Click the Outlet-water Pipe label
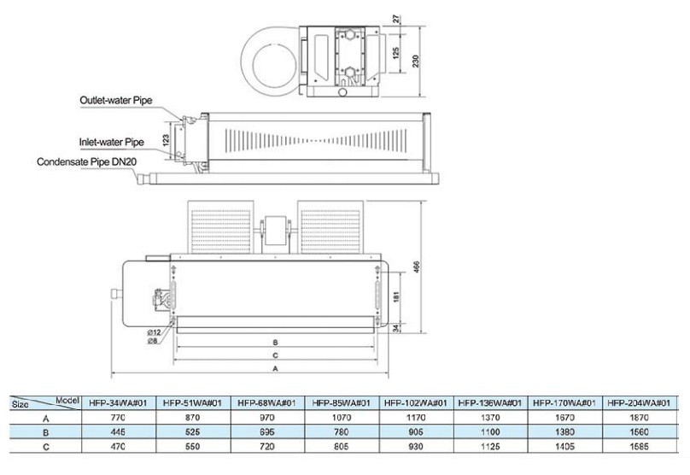116,100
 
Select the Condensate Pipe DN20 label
87,161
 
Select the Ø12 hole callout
155,331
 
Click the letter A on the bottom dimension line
274,369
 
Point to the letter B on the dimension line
274,341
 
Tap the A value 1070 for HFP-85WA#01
340,418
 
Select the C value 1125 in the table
488,448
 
